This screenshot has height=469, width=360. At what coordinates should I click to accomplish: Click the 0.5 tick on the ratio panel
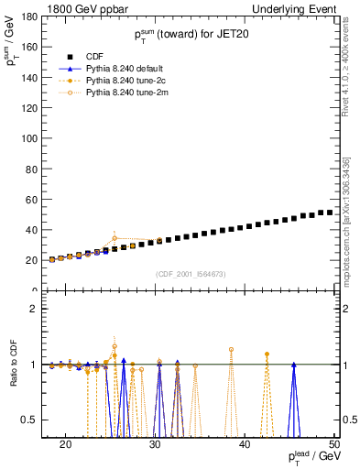click(x=33, y=420)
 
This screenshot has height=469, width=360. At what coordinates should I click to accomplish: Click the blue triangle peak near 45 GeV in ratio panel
click(x=293, y=365)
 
